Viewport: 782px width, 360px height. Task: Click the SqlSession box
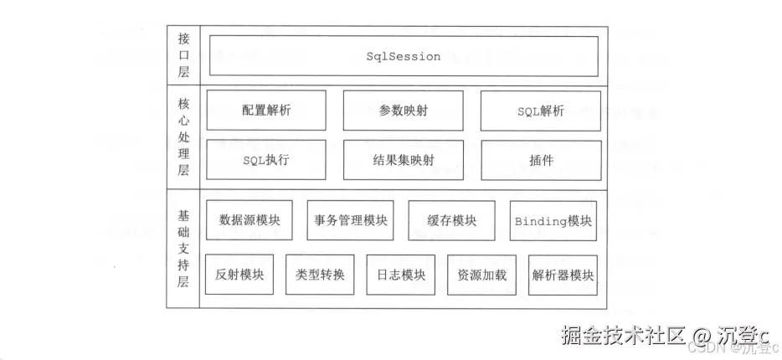[x=403, y=56]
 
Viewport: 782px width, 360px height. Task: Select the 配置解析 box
[x=265, y=111]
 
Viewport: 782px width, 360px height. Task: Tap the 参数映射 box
[x=403, y=111]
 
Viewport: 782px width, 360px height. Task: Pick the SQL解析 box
[x=540, y=111]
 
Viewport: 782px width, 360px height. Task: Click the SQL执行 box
[x=265, y=160]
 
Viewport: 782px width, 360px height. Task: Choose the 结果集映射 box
[x=403, y=160]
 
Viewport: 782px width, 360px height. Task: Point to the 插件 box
[x=540, y=160]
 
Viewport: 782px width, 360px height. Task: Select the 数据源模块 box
[x=249, y=221]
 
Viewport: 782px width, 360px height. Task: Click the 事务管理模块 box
[x=350, y=221]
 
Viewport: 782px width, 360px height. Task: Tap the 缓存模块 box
[x=451, y=221]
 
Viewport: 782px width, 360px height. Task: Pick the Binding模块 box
[x=553, y=221]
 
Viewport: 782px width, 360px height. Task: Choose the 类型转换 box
[x=319, y=275]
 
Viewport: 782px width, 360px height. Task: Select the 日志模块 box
[x=400, y=275]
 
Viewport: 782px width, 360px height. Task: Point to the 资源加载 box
[x=481, y=275]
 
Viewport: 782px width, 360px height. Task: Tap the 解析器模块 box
[x=563, y=275]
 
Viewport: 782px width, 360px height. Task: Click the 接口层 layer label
[x=183, y=55]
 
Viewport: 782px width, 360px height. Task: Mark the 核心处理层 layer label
[x=183, y=136]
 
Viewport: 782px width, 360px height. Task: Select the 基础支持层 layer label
[x=183, y=249]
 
